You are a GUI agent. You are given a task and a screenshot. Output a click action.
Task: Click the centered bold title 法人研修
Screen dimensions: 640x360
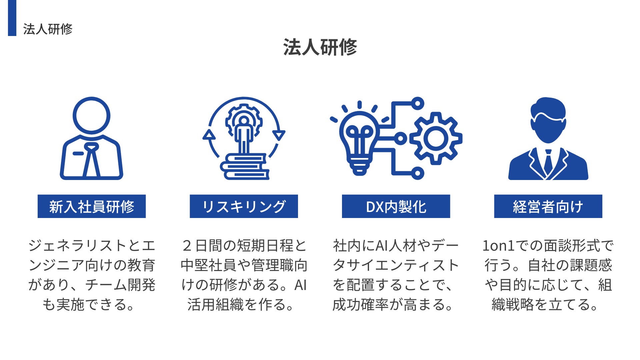[x=320, y=47]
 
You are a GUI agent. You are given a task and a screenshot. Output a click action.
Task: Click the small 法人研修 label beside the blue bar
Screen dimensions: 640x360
[x=48, y=29]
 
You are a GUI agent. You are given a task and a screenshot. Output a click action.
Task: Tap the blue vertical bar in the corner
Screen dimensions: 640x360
[x=12, y=18]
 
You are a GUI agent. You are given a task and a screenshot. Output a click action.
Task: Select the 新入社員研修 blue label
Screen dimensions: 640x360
[x=92, y=206]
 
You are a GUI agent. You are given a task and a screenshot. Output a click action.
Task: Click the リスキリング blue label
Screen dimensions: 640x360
[x=244, y=206]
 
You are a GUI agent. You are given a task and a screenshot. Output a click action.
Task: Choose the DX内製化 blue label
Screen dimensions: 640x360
[x=396, y=206]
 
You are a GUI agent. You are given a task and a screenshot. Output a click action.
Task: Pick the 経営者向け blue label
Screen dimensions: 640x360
[x=548, y=206]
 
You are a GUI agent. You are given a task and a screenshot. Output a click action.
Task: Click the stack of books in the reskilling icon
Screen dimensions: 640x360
[x=245, y=167]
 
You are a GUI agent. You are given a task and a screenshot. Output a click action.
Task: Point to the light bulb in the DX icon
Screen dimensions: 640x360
[x=359, y=140]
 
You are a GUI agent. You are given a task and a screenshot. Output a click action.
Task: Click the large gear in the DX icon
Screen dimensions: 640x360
[x=436, y=138]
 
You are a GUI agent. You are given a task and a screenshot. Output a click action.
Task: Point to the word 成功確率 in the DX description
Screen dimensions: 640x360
[x=360, y=305]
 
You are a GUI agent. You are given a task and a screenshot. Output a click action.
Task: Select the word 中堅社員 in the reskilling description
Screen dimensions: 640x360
[x=209, y=266]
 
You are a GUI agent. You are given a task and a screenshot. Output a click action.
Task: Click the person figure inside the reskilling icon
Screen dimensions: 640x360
[x=244, y=133]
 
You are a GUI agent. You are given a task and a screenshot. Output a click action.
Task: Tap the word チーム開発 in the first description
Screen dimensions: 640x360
[x=120, y=285]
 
